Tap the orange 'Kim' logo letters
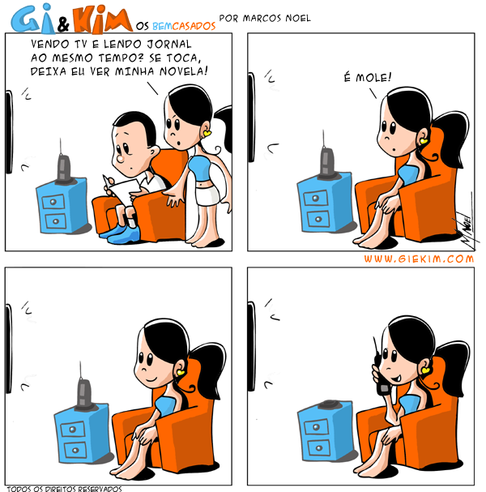103,20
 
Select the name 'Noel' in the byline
298,18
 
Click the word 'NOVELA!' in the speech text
183,71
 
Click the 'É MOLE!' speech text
368,77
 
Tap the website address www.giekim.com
419,259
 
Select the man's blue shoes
122,233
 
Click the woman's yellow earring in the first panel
207,134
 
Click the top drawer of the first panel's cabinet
53,202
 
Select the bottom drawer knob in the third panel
75,450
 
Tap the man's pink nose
121,158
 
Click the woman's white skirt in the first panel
207,195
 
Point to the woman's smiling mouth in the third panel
151,379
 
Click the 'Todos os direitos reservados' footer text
64,489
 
